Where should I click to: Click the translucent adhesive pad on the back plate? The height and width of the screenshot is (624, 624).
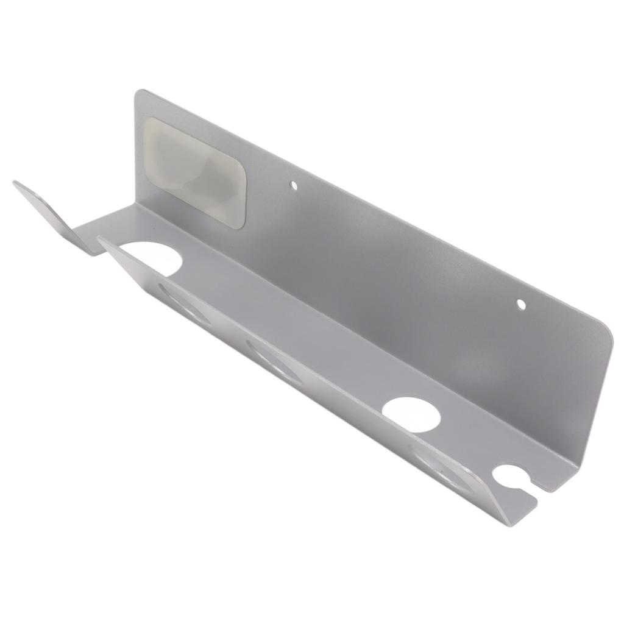point(195,172)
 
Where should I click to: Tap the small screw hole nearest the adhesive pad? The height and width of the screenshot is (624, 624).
point(293,183)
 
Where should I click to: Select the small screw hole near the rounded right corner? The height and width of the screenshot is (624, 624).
point(520,303)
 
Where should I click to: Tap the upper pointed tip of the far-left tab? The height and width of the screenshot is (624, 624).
point(15,182)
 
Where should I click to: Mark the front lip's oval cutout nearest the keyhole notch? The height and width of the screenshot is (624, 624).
point(445,466)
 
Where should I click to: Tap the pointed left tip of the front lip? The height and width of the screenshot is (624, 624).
point(99,239)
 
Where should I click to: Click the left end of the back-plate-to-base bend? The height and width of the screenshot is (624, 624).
point(136,205)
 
